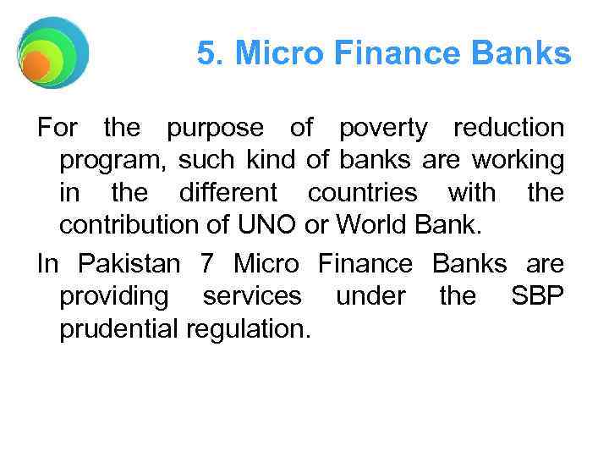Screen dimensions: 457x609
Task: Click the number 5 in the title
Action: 206,54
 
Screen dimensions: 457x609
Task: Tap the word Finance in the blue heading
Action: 376,54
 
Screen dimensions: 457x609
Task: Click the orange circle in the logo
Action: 36,66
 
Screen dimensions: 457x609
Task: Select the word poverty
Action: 383,129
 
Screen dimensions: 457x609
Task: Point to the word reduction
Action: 507,129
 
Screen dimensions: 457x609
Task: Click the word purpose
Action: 215,129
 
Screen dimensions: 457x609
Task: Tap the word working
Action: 517,160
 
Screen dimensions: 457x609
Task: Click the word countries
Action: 362,193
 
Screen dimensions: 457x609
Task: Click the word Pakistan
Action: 129,263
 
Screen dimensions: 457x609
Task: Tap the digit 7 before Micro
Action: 207,263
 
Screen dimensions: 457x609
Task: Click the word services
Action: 251,295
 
